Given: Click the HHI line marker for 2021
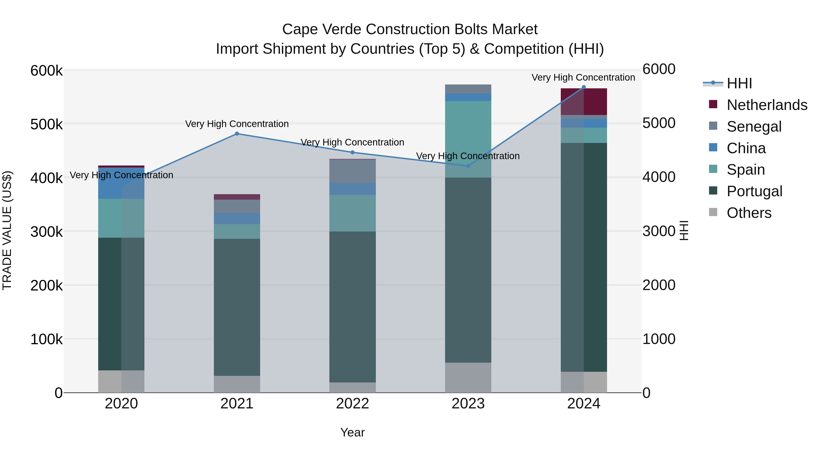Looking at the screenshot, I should point(237,134).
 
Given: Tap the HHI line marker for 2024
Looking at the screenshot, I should point(584,87).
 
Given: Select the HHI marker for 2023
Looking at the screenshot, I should point(468,166).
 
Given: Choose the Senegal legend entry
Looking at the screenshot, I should point(754,127).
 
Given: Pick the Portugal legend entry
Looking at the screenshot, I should point(754,191).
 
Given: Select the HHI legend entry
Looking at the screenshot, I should point(739,83).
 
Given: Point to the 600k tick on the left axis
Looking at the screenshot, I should point(46,70).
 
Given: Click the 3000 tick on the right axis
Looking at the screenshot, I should point(659,231).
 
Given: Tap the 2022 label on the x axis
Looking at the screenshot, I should point(352,404).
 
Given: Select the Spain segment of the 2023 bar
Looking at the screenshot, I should point(468,139).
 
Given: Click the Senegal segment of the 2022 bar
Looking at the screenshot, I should point(352,171).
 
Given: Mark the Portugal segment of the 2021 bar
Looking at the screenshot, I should point(237,307).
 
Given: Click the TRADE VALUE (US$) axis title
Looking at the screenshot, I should point(7,230).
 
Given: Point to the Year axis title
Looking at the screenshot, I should point(352,432).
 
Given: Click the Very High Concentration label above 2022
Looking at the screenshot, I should point(352,142).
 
